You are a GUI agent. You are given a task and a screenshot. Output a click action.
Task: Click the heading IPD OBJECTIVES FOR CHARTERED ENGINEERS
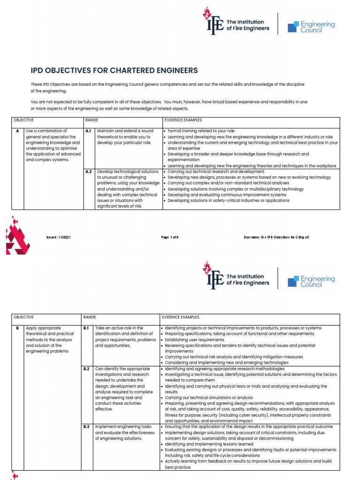114,71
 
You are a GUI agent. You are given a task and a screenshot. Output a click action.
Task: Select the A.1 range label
88,131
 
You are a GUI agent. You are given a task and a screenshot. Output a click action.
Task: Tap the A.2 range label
88,172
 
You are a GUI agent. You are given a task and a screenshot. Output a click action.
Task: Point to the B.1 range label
86,328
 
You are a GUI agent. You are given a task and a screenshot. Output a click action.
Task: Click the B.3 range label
86,427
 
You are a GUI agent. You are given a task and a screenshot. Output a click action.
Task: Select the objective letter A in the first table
18,131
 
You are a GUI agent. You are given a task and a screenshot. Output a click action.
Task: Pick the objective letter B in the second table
18,328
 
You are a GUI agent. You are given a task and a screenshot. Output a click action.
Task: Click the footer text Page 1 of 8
170,237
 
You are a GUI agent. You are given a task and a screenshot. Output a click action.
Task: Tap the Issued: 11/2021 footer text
59,237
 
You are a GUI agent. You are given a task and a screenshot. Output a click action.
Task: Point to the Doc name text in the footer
276,237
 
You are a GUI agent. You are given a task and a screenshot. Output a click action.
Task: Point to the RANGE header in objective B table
90,317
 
